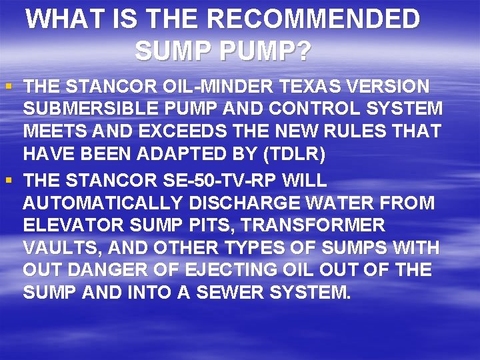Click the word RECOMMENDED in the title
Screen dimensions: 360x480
(x=313, y=19)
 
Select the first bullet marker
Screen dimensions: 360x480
(x=8, y=87)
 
